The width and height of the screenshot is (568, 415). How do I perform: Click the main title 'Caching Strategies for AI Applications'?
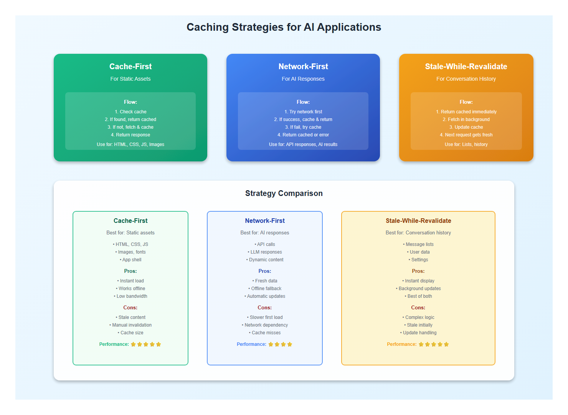284,27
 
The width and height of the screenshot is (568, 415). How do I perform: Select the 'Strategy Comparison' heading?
284,193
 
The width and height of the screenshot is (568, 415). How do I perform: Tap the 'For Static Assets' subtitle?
130,79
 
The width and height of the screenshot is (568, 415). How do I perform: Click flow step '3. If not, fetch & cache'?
130,127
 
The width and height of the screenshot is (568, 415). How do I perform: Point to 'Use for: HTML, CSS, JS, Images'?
130,144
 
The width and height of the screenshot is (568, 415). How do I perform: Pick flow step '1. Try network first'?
303,112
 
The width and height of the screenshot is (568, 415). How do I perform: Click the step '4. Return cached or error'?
303,135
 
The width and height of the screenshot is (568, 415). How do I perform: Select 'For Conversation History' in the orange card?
466,79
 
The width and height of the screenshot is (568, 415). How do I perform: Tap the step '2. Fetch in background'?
466,120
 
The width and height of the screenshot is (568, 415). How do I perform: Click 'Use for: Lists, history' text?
466,144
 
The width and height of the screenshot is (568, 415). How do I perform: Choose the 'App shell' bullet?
131,260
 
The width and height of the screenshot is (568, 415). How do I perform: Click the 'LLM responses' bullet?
265,252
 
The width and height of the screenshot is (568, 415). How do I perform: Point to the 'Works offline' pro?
131,289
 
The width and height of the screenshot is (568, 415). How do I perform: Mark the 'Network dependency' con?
265,325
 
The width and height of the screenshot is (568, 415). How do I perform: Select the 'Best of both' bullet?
419,296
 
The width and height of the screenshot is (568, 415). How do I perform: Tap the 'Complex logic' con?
419,317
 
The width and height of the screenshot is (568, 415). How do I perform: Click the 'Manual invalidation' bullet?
131,325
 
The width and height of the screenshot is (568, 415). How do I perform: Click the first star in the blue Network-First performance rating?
271,344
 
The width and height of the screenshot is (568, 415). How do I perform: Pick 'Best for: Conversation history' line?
418,233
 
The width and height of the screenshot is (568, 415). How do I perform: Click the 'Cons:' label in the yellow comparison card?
418,308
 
